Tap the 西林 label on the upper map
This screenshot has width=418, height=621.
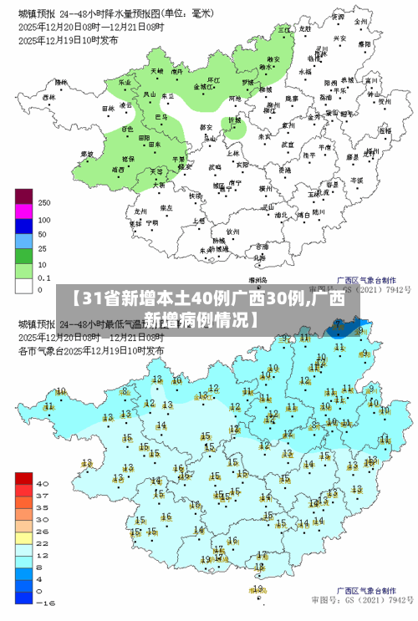click(x=48, y=97)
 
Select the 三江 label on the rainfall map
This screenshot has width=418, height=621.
click(x=283, y=29)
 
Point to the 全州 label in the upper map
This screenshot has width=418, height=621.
click(x=360, y=20)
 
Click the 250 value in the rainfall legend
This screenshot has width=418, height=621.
click(x=44, y=203)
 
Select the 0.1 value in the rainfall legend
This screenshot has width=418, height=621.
click(x=44, y=277)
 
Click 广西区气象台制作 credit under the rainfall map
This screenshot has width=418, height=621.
click(x=366, y=281)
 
